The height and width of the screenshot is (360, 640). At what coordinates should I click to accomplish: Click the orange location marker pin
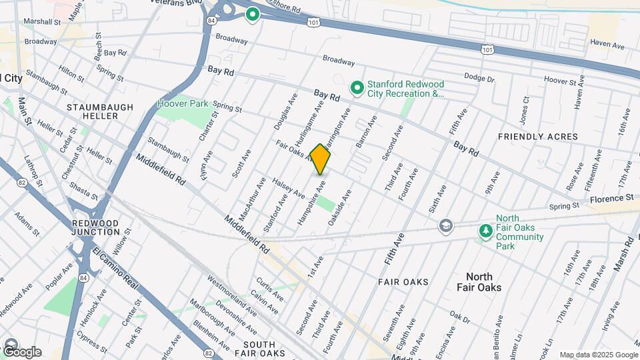321,159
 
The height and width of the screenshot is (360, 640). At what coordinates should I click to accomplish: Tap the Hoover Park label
183,104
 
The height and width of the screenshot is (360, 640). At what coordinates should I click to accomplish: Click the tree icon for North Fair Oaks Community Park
487,231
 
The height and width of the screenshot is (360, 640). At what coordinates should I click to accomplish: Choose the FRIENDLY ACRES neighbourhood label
538,137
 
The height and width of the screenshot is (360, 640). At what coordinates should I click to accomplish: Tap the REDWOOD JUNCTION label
96,227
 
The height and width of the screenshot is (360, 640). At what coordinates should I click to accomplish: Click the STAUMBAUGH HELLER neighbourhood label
100,111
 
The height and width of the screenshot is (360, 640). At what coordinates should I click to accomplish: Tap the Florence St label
611,199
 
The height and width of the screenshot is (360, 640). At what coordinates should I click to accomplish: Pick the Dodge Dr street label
479,78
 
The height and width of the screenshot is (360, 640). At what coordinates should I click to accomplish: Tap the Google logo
21,351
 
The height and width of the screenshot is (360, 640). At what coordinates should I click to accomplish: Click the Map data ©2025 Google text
598,355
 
